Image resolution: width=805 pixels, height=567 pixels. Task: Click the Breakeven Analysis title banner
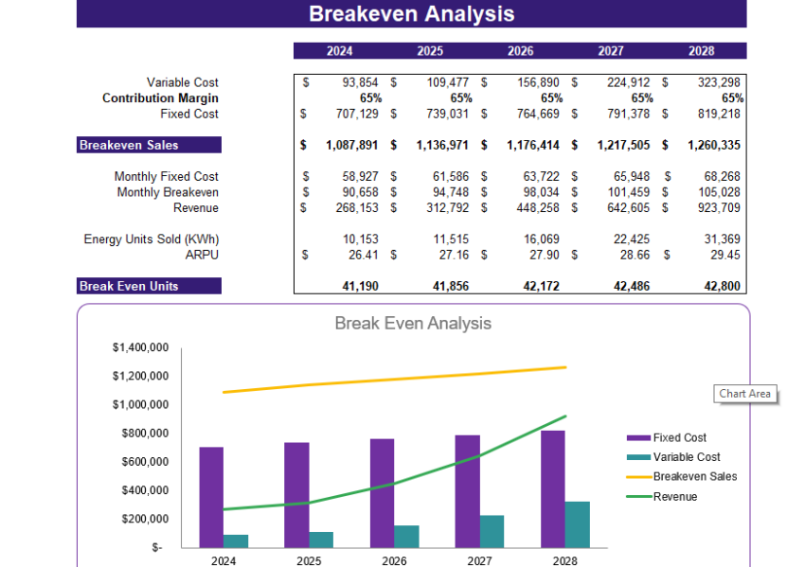pyautogui.click(x=411, y=13)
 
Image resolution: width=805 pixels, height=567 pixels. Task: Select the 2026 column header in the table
pyautogui.click(x=520, y=51)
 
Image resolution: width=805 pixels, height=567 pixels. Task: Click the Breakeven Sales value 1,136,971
pyautogui.click(x=442, y=146)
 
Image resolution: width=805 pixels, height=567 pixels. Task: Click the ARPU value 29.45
pyautogui.click(x=724, y=256)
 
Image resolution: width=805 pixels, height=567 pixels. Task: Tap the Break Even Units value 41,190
pyautogui.click(x=360, y=286)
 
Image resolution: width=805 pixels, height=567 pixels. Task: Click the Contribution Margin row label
pyautogui.click(x=160, y=98)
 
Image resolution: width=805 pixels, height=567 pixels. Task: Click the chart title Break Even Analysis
pyautogui.click(x=413, y=324)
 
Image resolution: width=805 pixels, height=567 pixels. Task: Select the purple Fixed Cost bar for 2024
pyautogui.click(x=211, y=497)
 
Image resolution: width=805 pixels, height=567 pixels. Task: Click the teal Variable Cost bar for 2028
pyautogui.click(x=578, y=523)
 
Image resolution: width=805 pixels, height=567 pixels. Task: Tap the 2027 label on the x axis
pyautogui.click(x=479, y=560)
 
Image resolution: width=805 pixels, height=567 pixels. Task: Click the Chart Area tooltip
pyautogui.click(x=745, y=394)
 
